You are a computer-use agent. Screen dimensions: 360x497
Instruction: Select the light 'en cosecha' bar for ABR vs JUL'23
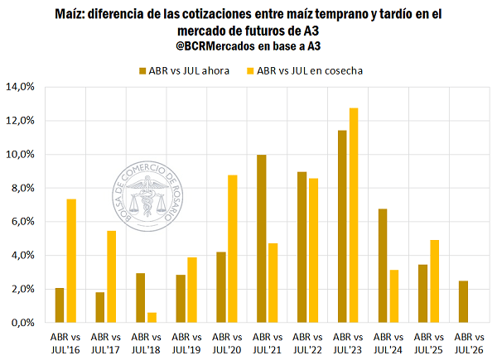tap(354, 215)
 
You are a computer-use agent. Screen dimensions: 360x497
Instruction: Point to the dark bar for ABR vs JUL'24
tap(382, 266)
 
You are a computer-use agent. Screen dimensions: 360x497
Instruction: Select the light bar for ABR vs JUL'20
tap(232, 248)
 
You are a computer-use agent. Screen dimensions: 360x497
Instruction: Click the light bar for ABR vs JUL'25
tap(433, 281)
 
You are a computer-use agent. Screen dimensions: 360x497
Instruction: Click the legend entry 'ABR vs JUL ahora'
tap(188, 70)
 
